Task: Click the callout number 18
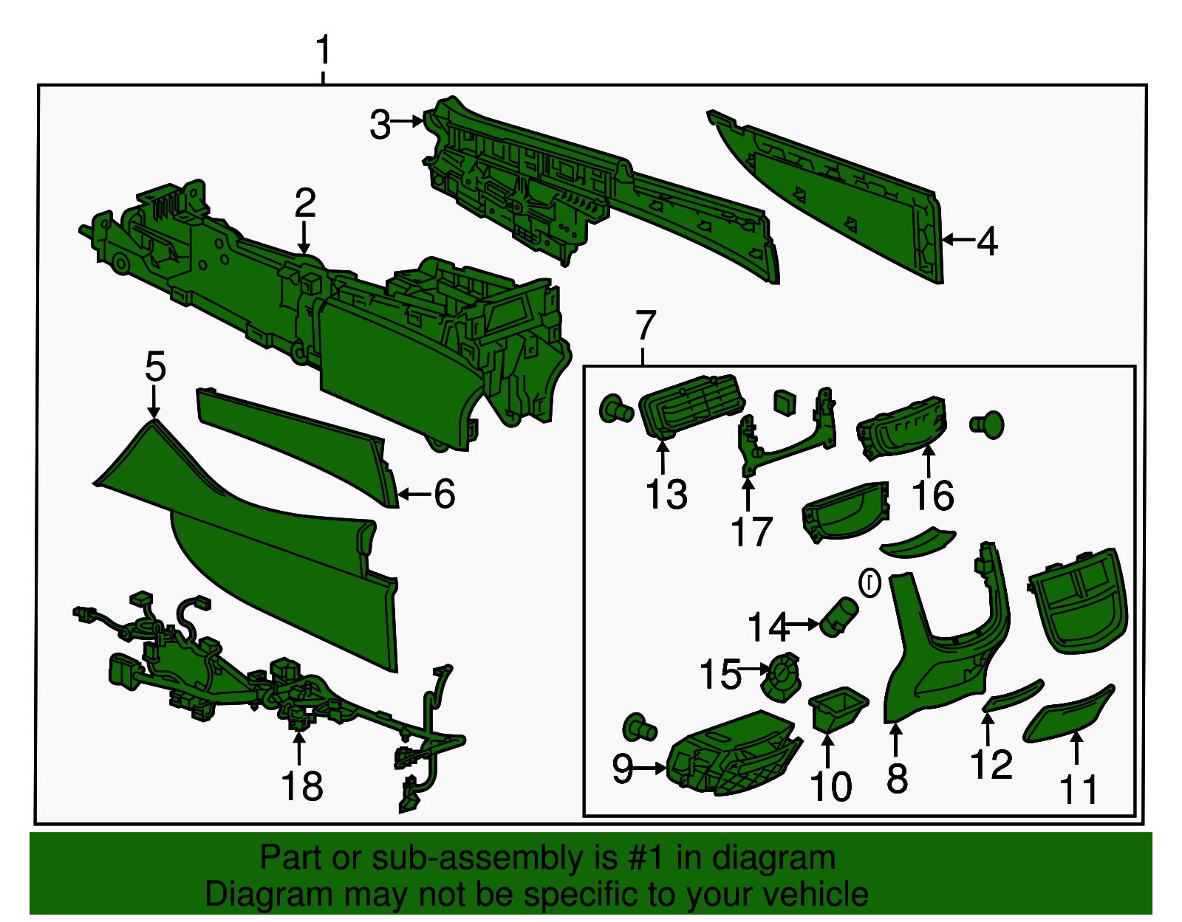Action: coord(302,785)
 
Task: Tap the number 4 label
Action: coord(987,241)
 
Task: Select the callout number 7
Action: coord(646,324)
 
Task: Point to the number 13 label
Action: coord(666,495)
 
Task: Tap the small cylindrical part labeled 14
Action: coord(838,616)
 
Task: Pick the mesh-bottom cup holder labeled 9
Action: coord(734,754)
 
